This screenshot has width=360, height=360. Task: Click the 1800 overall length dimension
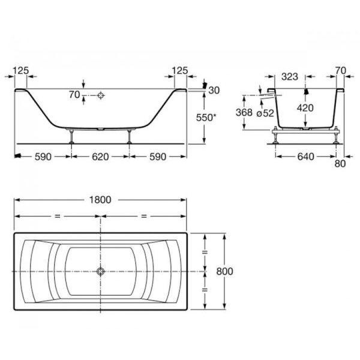[100, 200]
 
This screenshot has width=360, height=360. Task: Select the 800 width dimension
[224, 271]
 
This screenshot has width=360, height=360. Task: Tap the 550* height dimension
[206, 118]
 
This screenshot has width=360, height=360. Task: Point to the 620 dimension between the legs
[100, 157]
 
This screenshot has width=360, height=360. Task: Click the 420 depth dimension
[305, 107]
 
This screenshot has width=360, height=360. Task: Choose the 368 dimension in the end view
[244, 112]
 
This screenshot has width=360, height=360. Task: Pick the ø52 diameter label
[265, 113]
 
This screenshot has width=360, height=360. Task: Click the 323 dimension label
[290, 76]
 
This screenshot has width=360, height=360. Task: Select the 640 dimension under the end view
[305, 157]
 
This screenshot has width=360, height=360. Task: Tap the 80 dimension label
[340, 164]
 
